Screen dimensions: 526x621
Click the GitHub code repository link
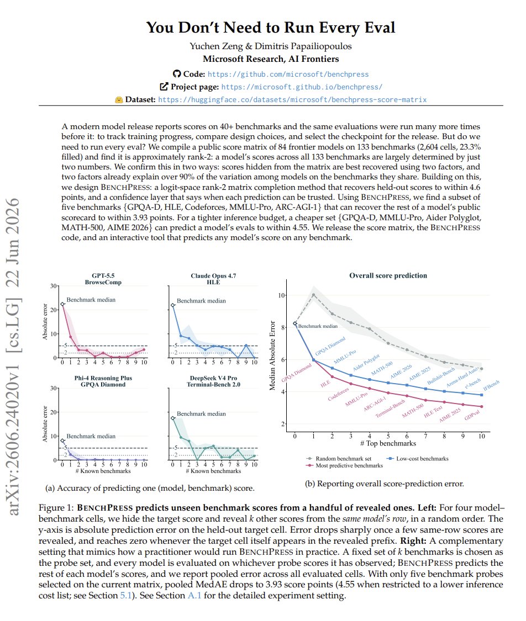pos(288,74)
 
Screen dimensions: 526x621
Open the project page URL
pos(302,87)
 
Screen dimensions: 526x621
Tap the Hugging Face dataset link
pos(292,99)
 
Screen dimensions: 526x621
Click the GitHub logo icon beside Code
pos(177,73)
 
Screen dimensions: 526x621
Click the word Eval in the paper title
pos(377,28)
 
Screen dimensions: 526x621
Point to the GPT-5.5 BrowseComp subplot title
pos(103,279)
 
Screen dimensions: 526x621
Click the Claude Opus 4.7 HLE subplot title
pos(213,279)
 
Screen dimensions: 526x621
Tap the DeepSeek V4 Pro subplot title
pos(214,381)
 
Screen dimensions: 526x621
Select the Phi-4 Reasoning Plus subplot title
pos(103,381)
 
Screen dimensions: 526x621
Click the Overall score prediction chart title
pos(388,275)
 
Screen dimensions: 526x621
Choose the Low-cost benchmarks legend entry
pos(418,459)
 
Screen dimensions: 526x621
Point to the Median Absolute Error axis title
pos(272,355)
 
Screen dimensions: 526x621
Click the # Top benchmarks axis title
pos(388,444)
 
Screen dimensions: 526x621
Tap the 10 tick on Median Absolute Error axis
pos(281,295)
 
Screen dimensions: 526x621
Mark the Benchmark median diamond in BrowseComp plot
pos(62,304)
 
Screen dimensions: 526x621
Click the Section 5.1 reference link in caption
pos(125,596)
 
